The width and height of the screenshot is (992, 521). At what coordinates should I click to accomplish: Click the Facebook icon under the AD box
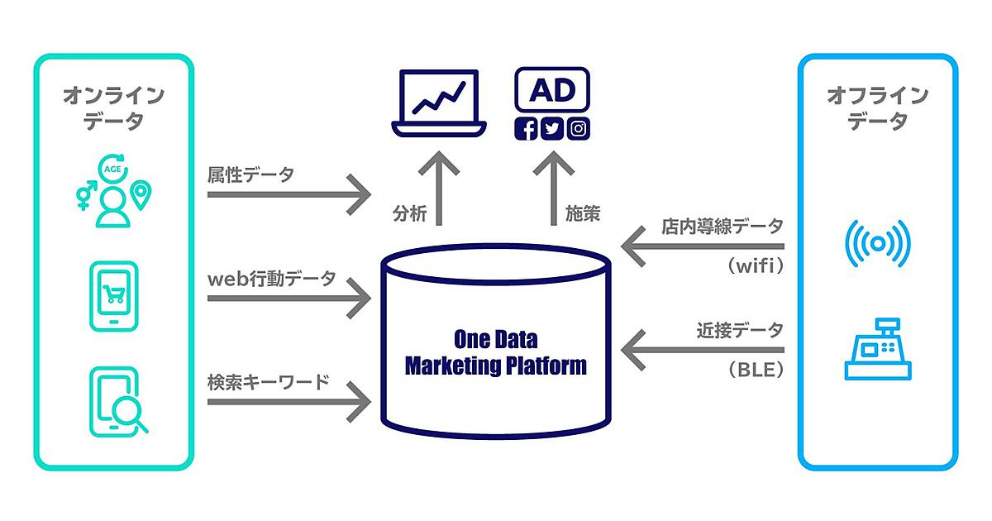(526, 129)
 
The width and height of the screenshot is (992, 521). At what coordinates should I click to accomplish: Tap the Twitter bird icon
(552, 129)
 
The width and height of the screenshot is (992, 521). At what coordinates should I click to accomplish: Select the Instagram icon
(579, 129)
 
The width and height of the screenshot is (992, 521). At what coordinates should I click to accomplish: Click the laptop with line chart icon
(437, 103)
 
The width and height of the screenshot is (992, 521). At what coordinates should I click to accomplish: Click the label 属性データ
(251, 174)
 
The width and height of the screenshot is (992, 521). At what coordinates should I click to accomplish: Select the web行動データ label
(272, 279)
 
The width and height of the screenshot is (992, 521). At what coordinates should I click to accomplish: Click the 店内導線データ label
(722, 225)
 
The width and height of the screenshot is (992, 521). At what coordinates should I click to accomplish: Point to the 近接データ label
(739, 330)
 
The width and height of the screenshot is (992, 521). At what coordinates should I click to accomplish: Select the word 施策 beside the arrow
(583, 214)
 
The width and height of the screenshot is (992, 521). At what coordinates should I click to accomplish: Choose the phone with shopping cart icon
(112, 297)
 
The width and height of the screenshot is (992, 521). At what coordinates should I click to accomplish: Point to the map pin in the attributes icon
(141, 195)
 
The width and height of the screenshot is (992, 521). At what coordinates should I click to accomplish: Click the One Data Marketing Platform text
(495, 352)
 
